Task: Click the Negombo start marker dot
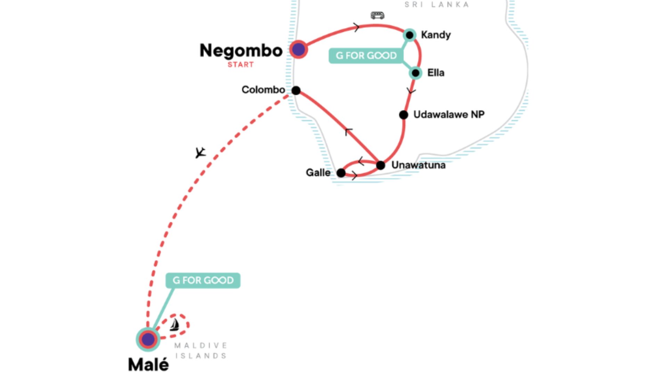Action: tap(298, 50)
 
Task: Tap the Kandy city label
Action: tap(436, 35)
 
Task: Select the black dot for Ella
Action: tap(415, 73)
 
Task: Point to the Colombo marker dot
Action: tap(296, 91)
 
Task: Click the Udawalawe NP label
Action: tap(449, 114)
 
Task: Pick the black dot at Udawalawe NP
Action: tap(403, 115)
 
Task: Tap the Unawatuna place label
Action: tap(418, 165)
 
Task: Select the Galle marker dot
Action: tap(341, 173)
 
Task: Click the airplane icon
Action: tap(200, 152)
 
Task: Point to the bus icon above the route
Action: tap(377, 15)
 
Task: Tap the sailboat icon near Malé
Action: tap(174, 325)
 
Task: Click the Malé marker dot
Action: tap(148, 339)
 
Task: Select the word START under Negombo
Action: tap(240, 65)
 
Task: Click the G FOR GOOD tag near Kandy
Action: tap(366, 56)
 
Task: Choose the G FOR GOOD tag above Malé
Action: tap(203, 280)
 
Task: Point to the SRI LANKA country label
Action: tap(437, 5)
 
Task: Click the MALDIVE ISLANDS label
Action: tap(201, 350)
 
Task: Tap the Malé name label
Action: tap(148, 365)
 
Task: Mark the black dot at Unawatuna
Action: tap(381, 165)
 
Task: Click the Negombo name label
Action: tap(241, 51)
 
